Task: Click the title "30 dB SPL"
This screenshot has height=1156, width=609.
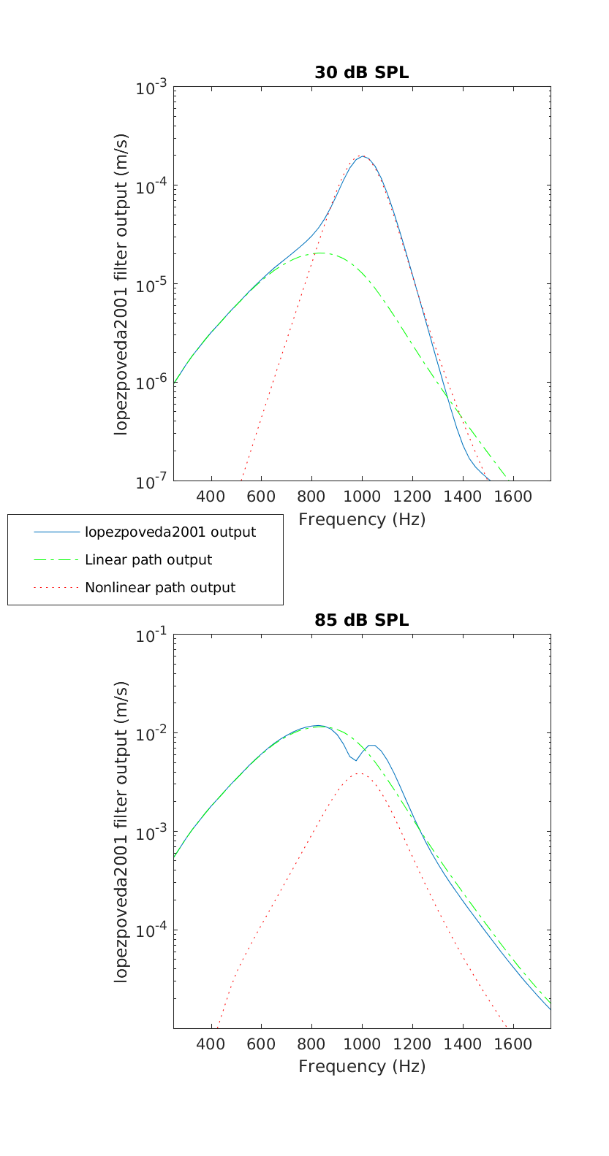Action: coord(361,72)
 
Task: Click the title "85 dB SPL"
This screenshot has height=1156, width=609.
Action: coord(361,620)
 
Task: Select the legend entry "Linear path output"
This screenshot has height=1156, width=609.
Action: coord(148,560)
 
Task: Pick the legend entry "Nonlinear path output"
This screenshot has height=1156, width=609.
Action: coord(160,587)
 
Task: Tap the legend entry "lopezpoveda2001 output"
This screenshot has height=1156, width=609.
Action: coord(170,532)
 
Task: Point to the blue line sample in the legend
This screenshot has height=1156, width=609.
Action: coord(56,532)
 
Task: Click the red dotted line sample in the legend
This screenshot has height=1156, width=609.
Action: coord(56,587)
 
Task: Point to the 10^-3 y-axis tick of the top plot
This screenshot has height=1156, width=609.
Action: coord(151,88)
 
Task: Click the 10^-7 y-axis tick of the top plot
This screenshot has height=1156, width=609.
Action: coord(151,481)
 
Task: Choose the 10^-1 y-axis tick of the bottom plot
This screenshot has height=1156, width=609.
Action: coord(151,635)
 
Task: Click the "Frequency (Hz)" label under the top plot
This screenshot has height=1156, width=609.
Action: coord(361,519)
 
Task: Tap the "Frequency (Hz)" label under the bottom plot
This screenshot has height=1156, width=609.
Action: coord(361,1066)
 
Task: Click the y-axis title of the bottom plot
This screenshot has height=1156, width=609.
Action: coord(121,831)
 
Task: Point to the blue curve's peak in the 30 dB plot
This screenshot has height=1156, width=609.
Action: coord(363,156)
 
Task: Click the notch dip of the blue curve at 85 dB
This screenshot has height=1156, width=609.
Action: coord(356,760)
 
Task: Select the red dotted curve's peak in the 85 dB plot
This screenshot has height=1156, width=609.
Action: coord(360,773)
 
